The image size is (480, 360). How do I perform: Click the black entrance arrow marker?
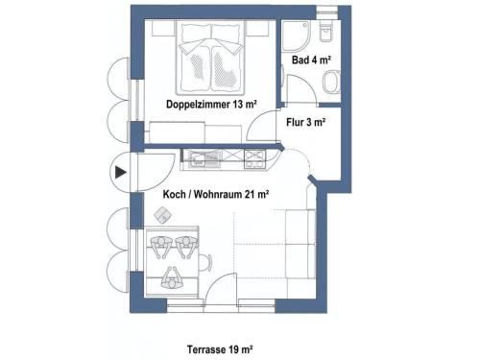(x=121, y=173)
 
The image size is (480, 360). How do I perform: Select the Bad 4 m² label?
(x=311, y=60)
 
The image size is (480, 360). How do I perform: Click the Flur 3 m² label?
(x=306, y=122)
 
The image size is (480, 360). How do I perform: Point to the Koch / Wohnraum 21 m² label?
(x=216, y=194)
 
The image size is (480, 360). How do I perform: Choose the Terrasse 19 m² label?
(x=220, y=349)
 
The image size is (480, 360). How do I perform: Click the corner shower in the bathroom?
(x=296, y=36)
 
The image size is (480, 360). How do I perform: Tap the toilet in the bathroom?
(x=325, y=32)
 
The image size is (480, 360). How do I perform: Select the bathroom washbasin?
(x=331, y=82)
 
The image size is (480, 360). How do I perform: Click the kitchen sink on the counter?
(x=204, y=159)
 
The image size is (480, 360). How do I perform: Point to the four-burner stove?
(x=254, y=159)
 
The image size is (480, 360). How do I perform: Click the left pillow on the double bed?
(x=196, y=32)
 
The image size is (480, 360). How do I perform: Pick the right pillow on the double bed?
(x=226, y=32)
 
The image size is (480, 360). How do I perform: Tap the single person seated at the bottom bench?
(x=172, y=279)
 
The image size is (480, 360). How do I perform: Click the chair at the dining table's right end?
(x=205, y=262)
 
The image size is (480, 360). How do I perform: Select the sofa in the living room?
(x=300, y=244)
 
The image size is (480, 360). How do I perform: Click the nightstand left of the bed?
(x=163, y=28)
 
